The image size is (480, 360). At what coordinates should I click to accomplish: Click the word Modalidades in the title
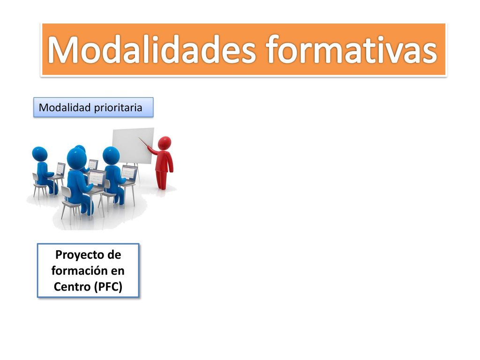151,50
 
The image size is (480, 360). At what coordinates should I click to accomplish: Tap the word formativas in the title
352,50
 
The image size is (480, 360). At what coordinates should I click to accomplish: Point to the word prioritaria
118,108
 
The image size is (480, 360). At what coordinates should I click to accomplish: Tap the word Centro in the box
72,287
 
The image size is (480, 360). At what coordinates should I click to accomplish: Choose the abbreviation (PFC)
108,287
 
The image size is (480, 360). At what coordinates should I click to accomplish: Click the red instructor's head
165,143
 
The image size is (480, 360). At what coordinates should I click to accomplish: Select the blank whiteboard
133,145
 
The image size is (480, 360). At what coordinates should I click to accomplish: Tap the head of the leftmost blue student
39,154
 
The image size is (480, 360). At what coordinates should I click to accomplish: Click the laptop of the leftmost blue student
60,170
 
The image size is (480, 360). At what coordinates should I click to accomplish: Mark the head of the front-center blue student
76,158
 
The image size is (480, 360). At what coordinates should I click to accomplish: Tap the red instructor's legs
162,180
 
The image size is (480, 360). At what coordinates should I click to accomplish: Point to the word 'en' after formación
118,271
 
